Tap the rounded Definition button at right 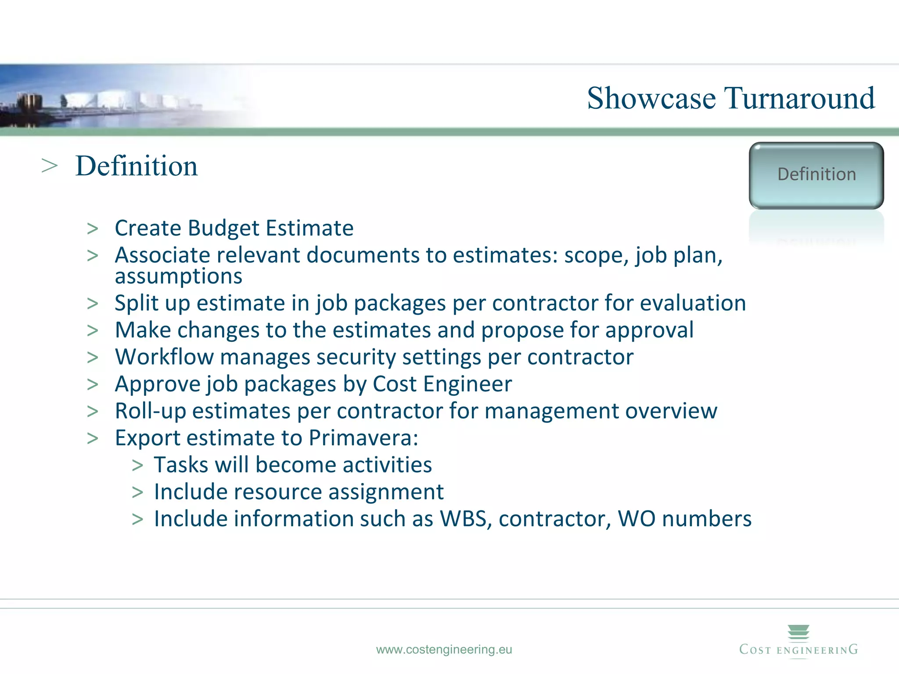[816, 175]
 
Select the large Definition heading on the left [137, 166]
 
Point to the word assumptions [178, 276]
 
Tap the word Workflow [164, 357]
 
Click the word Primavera [363, 438]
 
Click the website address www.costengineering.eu [444, 649]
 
